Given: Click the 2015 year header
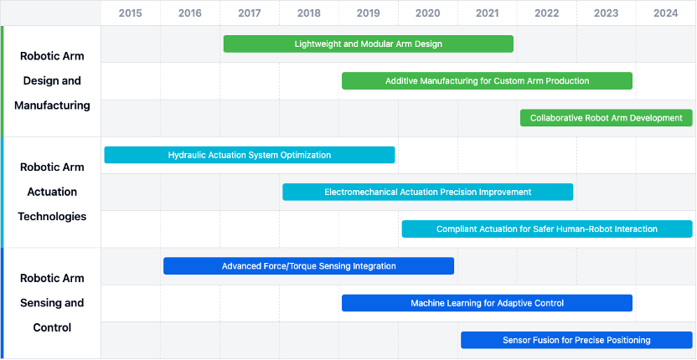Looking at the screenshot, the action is (131, 13).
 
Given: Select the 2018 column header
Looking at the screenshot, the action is (309, 13).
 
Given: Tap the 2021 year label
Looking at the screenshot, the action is (488, 13).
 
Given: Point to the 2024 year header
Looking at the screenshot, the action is (666, 13).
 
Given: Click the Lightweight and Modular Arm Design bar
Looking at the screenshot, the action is (369, 44).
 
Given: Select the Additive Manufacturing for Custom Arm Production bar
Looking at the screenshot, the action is (488, 81).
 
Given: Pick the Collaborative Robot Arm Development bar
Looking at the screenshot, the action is (607, 118).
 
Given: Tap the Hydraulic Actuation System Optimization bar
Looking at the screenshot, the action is (250, 155).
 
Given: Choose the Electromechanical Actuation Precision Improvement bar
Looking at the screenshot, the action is (427, 192).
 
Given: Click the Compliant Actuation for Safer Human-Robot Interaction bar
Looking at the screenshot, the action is (547, 229).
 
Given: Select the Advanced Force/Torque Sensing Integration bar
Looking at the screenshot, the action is (309, 265).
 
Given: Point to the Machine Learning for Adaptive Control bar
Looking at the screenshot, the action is (488, 303).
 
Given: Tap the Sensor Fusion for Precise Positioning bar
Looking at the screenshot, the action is (576, 340).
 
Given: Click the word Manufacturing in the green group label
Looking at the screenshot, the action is (52, 105).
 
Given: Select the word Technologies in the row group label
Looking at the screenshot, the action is (52, 217).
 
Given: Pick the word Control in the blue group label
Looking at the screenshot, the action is (52, 328).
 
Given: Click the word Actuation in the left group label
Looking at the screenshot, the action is (52, 192).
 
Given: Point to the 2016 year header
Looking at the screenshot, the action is (190, 13).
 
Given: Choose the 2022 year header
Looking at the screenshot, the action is (547, 13).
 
